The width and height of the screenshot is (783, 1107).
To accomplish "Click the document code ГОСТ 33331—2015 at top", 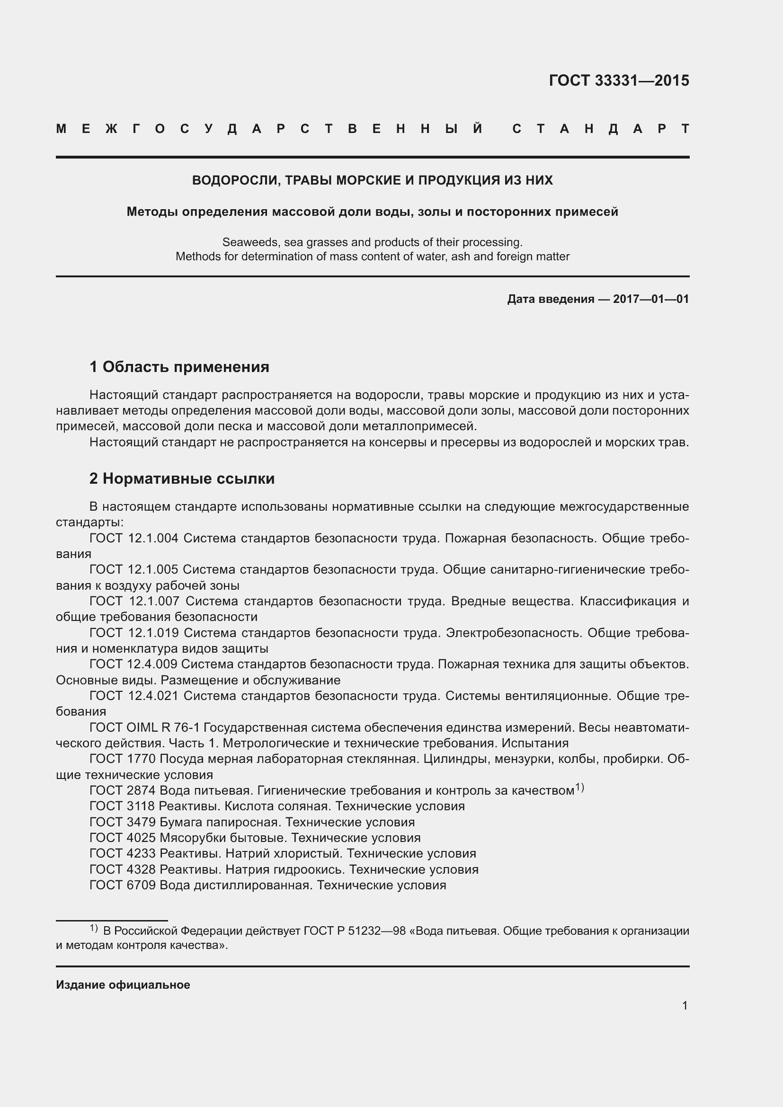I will (x=619, y=80).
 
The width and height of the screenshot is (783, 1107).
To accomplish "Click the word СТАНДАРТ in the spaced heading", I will (x=601, y=129).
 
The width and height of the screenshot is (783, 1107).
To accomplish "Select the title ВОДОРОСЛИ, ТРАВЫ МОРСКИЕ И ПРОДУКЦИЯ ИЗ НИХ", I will (x=372, y=180).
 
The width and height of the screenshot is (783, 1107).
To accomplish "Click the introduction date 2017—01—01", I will (x=650, y=299).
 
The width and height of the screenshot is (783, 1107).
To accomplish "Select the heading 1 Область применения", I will (x=179, y=367).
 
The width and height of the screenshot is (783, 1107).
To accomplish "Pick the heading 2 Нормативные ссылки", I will (x=182, y=478).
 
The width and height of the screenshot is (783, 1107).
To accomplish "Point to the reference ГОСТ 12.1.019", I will (x=134, y=633).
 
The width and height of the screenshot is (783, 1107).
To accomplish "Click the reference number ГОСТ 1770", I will (x=123, y=759).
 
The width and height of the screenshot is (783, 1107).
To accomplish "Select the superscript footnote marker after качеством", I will (x=579, y=788).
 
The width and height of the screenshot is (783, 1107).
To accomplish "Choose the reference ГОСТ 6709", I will (x=123, y=885).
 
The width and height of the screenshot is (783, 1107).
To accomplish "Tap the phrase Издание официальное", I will (x=123, y=985).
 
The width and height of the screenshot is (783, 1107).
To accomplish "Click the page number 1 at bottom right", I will (x=685, y=1006).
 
